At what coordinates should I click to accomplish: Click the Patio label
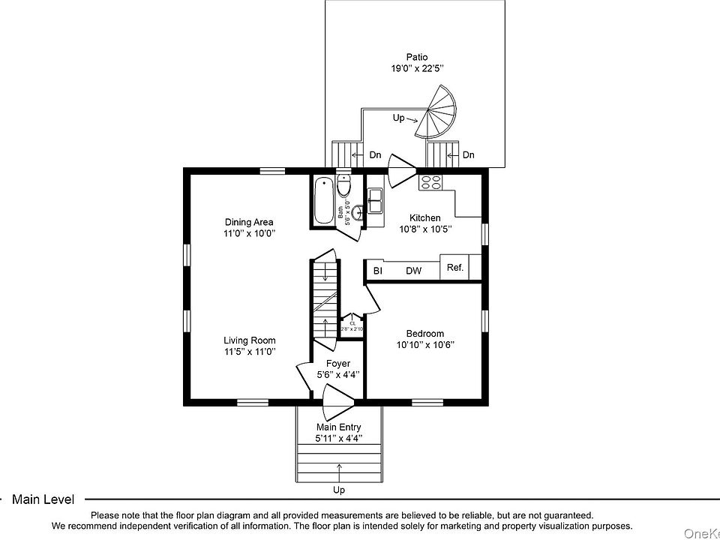(x=417, y=56)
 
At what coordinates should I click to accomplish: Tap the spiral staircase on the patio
(x=437, y=114)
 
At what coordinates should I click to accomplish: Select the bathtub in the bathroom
(x=323, y=199)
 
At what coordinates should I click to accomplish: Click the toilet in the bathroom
(x=343, y=185)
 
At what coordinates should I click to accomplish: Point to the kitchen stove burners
(x=430, y=181)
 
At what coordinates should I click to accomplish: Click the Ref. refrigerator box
(x=454, y=268)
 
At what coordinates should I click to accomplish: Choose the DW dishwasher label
(x=413, y=271)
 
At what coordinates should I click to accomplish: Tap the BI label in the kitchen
(x=378, y=271)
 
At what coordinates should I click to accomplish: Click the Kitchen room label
(x=424, y=218)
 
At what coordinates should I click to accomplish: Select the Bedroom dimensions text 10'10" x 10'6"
(x=425, y=345)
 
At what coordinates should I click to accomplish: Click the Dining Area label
(x=249, y=222)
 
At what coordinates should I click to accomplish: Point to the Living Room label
(x=250, y=340)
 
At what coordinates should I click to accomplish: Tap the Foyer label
(x=337, y=364)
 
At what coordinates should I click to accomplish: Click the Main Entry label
(x=339, y=427)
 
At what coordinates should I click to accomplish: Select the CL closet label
(x=352, y=323)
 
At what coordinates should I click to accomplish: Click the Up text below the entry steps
(x=339, y=490)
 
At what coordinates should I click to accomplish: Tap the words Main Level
(x=43, y=499)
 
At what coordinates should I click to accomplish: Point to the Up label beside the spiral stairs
(x=399, y=118)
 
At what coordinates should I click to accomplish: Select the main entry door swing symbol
(x=337, y=403)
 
